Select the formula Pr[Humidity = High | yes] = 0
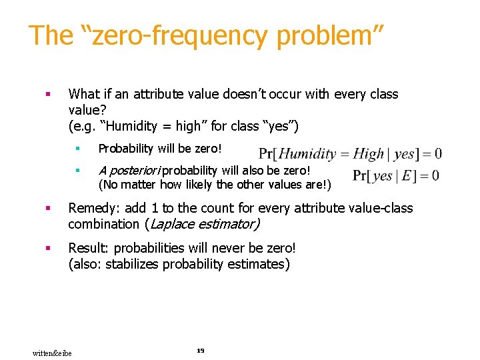tap(350, 154)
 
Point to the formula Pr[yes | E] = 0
tap(395, 176)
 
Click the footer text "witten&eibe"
tap(52, 352)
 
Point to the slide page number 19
tap(200, 351)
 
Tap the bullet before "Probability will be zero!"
tap(77, 148)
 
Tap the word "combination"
tap(101, 225)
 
